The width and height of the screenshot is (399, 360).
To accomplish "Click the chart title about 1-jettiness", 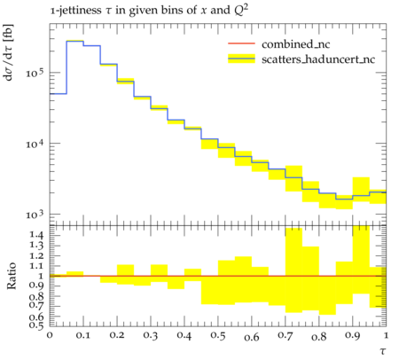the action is click(x=149, y=11).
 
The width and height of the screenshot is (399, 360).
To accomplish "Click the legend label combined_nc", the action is click(x=295, y=44).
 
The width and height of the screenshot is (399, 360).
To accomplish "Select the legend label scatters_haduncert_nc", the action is click(x=318, y=59).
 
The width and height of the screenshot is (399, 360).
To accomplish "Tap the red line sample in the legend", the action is click(x=241, y=43).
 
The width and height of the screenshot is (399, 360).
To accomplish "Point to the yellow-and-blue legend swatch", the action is click(x=241, y=59).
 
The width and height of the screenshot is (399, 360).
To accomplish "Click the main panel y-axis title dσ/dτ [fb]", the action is click(x=9, y=52).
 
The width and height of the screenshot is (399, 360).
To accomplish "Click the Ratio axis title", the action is click(x=12, y=276).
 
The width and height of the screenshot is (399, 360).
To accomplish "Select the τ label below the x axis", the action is click(x=383, y=351).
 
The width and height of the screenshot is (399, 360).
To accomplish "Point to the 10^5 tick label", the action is click(x=35, y=72).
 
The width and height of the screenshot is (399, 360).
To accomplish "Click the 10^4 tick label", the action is click(x=35, y=144).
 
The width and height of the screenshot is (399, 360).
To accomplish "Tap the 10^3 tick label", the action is click(x=35, y=215).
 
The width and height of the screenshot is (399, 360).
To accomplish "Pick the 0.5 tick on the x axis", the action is click(x=218, y=335).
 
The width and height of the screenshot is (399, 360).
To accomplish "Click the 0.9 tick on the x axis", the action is click(x=353, y=335).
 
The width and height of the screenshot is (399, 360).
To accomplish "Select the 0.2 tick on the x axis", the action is click(x=117, y=335).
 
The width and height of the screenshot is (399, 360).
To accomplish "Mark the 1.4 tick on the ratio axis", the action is click(x=37, y=235).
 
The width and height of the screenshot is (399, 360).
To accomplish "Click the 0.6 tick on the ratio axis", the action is click(x=37, y=317).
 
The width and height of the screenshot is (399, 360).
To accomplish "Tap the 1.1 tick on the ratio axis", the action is click(x=37, y=266).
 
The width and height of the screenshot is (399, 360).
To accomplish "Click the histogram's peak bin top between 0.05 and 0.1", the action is click(x=75, y=41).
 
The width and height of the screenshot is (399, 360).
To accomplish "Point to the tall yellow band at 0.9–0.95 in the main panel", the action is click(x=361, y=190).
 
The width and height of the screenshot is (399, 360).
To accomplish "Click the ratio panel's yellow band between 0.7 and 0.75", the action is click(x=293, y=270).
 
